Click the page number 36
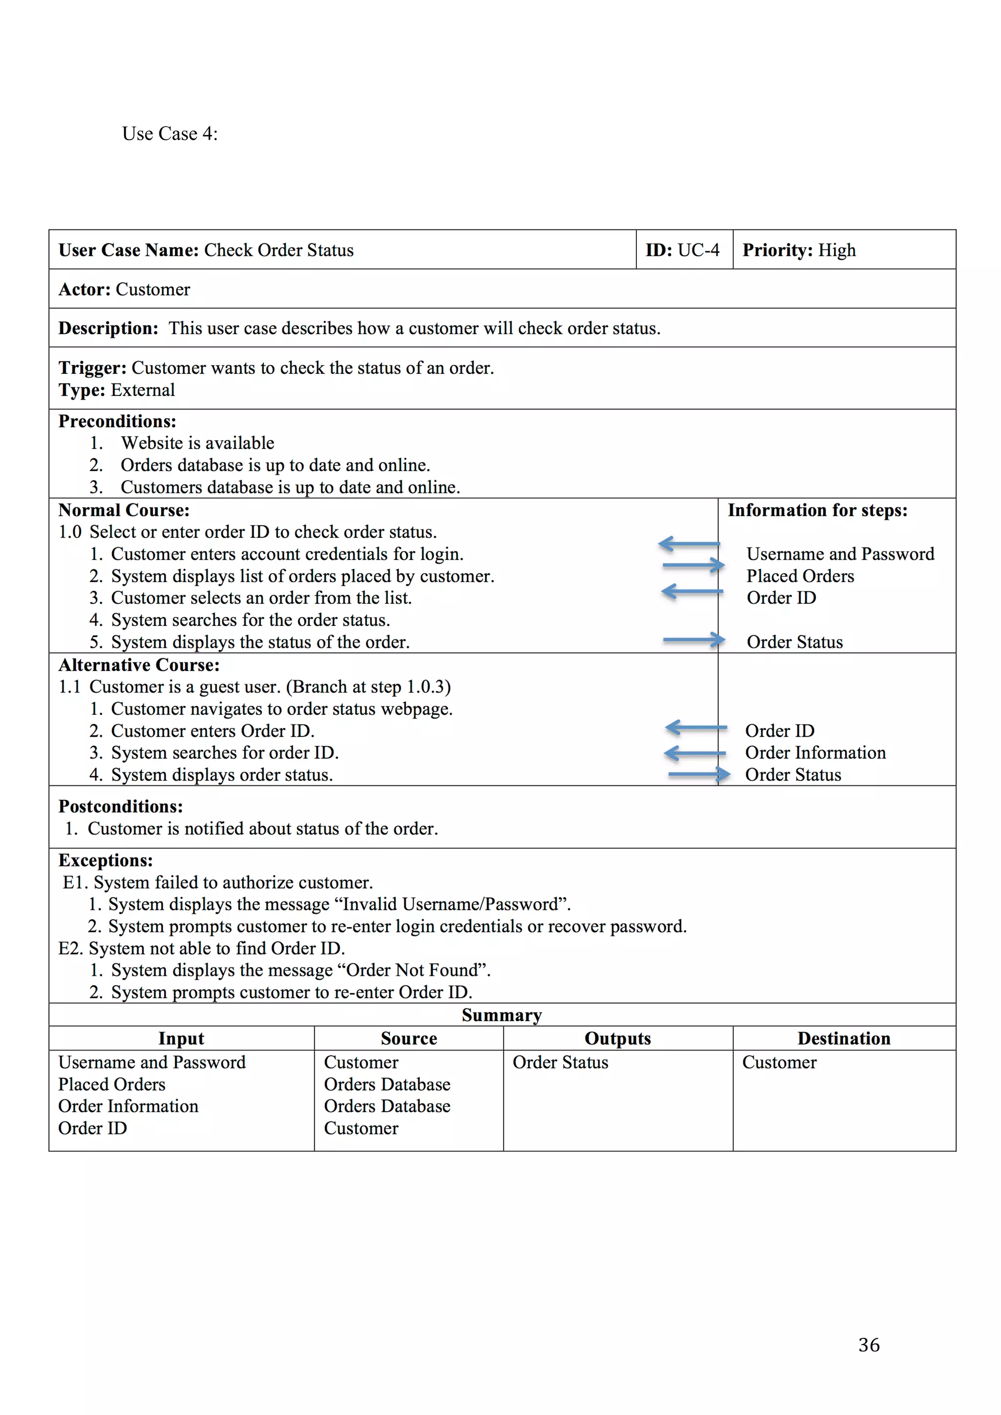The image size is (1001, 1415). pyautogui.click(x=869, y=1344)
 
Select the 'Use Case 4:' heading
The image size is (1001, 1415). pyautogui.click(x=170, y=134)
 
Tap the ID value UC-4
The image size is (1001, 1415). pyautogui.click(x=698, y=250)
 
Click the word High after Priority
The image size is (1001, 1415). pyautogui.click(x=836, y=250)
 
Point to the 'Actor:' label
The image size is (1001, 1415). pyautogui.click(x=85, y=290)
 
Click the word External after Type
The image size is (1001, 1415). pyautogui.click(x=143, y=390)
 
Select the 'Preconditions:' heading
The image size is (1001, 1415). pyautogui.click(x=117, y=422)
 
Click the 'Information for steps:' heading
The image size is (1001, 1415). pyautogui.click(x=817, y=510)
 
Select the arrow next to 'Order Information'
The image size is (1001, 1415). pyautogui.click(x=695, y=753)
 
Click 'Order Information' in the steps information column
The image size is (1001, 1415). pyautogui.click(x=815, y=753)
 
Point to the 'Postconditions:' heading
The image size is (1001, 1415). pyautogui.click(x=120, y=807)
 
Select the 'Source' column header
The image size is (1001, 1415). pyautogui.click(x=409, y=1038)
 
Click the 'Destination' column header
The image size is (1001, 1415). pyautogui.click(x=844, y=1038)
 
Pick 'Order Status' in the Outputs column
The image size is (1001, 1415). pyautogui.click(x=560, y=1063)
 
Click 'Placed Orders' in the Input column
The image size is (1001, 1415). pyautogui.click(x=111, y=1085)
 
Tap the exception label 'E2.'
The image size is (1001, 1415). pyautogui.click(x=70, y=948)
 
